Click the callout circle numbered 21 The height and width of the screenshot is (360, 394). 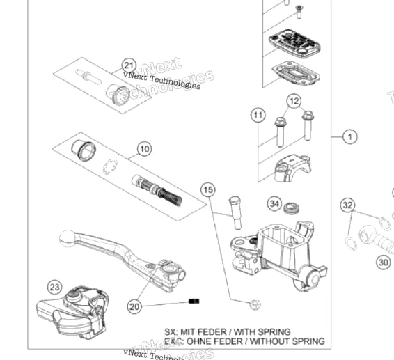(x=128, y=65)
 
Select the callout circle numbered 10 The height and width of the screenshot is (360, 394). (x=143, y=148)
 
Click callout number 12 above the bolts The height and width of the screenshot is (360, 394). (x=294, y=101)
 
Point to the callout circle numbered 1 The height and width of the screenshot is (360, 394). (x=349, y=136)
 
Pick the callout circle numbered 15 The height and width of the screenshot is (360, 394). (x=208, y=189)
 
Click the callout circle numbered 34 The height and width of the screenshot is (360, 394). (x=274, y=204)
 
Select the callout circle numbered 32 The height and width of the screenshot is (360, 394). (x=348, y=205)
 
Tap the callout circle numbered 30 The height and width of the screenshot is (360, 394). (x=384, y=262)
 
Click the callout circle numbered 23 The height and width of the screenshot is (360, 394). (x=55, y=287)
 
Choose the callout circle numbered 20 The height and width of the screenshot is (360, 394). (x=134, y=305)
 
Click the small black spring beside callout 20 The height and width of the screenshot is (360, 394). (x=194, y=301)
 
